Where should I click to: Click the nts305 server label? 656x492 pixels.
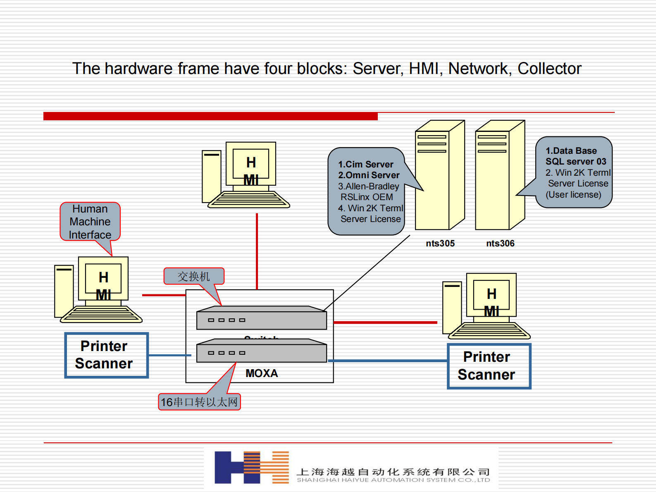point(440,244)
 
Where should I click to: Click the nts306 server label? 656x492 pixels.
point(500,244)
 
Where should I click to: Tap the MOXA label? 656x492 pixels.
point(262,373)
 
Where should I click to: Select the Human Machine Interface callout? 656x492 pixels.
point(90,222)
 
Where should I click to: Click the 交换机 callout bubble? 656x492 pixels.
point(194,276)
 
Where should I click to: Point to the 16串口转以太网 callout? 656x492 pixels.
point(199,402)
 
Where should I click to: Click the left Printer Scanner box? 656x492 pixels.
point(107,355)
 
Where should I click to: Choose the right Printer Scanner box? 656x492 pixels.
point(489,366)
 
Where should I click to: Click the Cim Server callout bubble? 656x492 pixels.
point(367,191)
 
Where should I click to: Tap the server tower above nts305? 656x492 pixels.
point(439,175)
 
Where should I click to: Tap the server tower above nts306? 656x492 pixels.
point(499,175)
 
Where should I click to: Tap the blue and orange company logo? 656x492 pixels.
point(251,467)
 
